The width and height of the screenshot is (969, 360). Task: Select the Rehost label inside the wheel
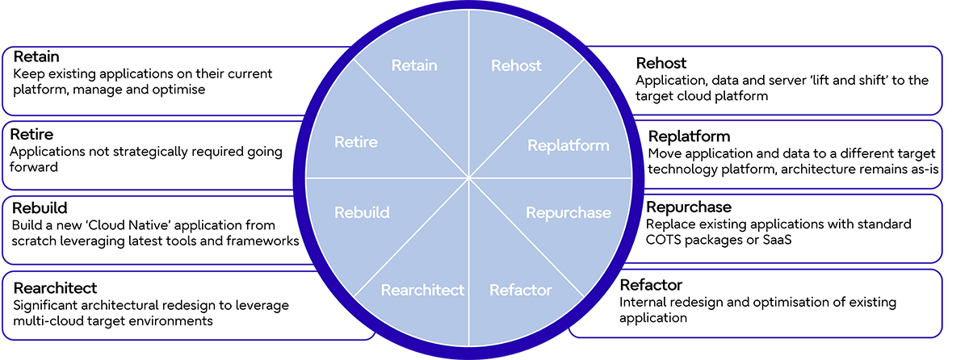(517, 65)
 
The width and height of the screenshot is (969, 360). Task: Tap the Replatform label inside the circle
(568, 145)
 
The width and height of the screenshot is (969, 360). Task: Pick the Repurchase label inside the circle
(568, 213)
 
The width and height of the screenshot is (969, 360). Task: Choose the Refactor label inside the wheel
(521, 290)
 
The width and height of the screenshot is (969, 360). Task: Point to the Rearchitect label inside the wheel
(422, 290)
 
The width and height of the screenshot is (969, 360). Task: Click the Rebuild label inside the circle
(362, 213)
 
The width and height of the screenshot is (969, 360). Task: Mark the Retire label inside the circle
(356, 142)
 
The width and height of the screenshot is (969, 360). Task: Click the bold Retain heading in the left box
(36, 57)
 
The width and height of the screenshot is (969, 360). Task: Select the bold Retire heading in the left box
(33, 135)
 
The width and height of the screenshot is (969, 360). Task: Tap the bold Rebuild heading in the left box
(39, 208)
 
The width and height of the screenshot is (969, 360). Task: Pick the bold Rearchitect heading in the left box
(56, 288)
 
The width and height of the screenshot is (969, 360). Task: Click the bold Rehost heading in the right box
(662, 63)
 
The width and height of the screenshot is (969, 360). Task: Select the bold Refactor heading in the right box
(651, 285)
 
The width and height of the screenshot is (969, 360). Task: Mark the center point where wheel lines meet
(469, 178)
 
